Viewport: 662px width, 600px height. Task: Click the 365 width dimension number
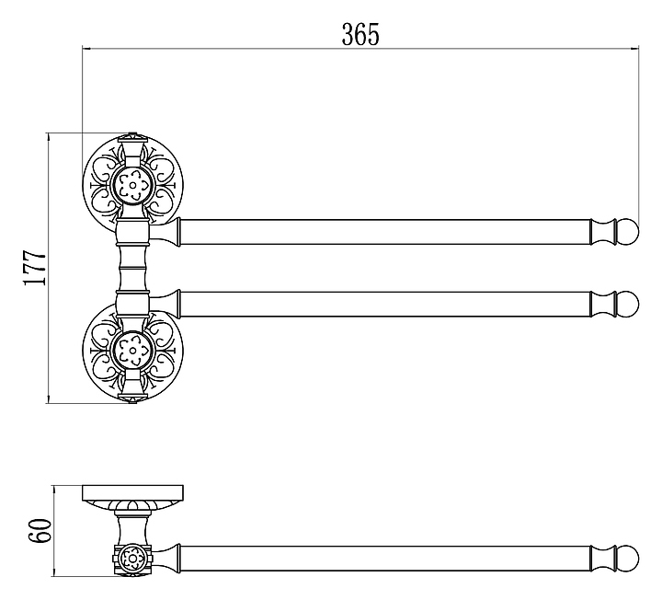360,35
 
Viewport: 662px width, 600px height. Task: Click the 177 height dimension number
34,268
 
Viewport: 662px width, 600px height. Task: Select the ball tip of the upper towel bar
628,230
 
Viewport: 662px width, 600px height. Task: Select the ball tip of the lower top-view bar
628,304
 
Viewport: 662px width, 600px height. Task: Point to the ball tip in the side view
628,560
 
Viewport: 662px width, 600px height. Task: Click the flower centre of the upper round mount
132,184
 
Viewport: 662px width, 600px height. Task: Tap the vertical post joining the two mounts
132,267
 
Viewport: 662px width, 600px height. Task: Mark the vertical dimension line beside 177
49,268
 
